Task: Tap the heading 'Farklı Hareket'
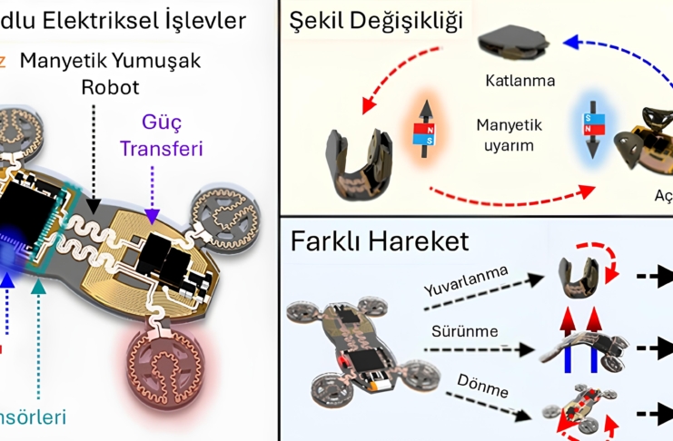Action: (381, 241)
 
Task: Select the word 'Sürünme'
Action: (467, 332)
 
